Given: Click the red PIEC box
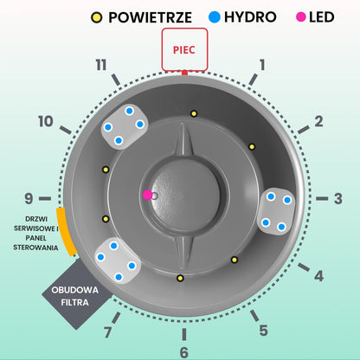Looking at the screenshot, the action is click(184, 49).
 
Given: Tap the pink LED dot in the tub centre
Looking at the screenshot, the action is click(148, 195).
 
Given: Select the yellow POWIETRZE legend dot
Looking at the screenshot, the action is click(97, 17).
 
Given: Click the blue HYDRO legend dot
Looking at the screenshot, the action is click(215, 17).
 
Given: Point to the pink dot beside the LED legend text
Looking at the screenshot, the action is click(301, 17).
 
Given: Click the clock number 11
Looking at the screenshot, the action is click(101, 65).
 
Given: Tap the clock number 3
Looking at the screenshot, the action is click(338, 198).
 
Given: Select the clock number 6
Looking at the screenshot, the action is click(184, 352).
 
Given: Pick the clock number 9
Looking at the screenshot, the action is click(29, 198).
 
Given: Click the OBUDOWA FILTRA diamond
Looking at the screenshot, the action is click(75, 294).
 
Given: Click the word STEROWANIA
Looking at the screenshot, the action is click(35, 247).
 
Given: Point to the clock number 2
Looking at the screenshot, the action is click(318, 121).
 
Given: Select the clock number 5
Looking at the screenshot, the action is click(263, 331).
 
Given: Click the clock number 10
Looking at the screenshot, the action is click(46, 121).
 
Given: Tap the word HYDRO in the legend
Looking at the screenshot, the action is click(250, 17).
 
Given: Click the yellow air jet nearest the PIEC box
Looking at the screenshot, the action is click(194, 113).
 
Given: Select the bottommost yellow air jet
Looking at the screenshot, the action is click(180, 278).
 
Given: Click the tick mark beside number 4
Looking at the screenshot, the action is click(304, 267).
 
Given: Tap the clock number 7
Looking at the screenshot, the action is click(108, 332).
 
